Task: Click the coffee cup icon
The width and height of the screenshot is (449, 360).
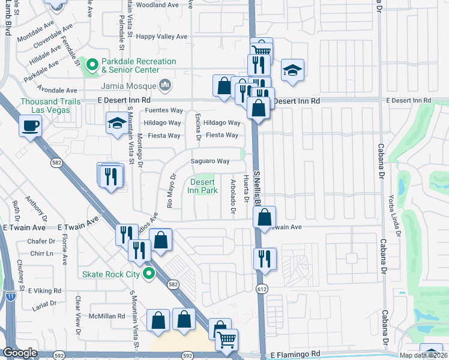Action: point(30,126)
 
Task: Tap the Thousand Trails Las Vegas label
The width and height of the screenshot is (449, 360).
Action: point(50,106)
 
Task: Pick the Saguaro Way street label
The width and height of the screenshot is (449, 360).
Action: point(210,161)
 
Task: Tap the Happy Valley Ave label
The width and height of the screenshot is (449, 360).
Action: point(162,37)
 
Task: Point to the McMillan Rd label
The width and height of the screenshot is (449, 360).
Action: point(108,316)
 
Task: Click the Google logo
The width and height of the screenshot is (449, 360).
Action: point(20,353)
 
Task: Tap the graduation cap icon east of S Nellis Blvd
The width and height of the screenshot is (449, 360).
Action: point(292,70)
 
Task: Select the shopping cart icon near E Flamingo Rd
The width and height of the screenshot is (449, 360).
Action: point(227,340)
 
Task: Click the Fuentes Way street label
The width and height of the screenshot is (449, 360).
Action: point(164,110)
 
